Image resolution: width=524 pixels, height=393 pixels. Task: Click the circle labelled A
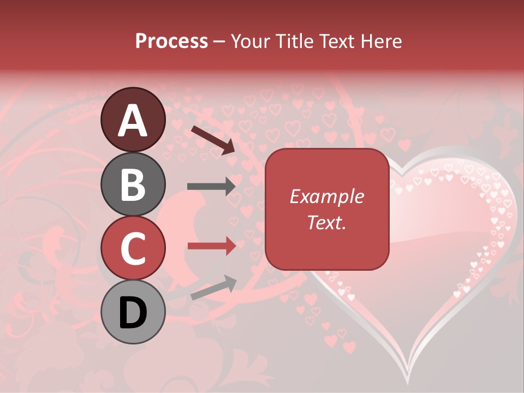pyautogui.click(x=133, y=120)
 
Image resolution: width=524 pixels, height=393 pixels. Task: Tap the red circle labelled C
pyautogui.click(x=133, y=248)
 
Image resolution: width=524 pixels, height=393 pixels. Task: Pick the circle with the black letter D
pyautogui.click(x=133, y=312)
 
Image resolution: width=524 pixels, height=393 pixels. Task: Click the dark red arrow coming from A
pyautogui.click(x=213, y=140)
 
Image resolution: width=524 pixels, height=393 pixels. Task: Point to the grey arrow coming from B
pyautogui.click(x=212, y=187)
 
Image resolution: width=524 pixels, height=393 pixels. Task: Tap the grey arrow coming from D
pyautogui.click(x=213, y=288)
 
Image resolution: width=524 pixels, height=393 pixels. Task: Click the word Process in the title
pyautogui.click(x=171, y=41)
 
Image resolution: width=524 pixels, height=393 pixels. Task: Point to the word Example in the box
pyautogui.click(x=326, y=196)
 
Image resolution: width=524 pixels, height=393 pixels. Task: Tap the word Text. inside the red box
pyautogui.click(x=326, y=222)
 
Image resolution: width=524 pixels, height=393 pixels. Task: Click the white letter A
pyautogui.click(x=133, y=120)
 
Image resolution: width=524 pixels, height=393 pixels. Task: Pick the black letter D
pyautogui.click(x=133, y=313)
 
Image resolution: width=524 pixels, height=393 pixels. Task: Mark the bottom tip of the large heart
pyautogui.click(x=408, y=382)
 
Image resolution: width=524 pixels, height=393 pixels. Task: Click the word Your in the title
pyautogui.click(x=248, y=41)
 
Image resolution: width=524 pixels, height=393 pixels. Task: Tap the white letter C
pyautogui.click(x=133, y=248)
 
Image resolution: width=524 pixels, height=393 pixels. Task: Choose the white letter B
pyautogui.click(x=133, y=184)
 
